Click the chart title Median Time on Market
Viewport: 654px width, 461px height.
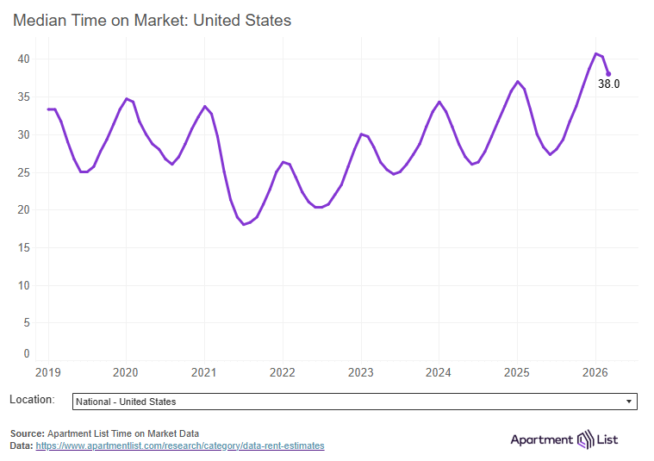[152, 20]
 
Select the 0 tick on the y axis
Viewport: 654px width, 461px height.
[27, 353]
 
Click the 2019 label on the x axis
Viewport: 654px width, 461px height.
[48, 372]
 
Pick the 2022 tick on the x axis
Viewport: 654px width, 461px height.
[283, 372]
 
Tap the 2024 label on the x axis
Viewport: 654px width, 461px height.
[439, 372]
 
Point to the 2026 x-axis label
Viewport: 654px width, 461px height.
[595, 372]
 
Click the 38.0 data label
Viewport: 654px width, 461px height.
[609, 84]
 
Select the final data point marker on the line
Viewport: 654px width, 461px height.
[608, 73]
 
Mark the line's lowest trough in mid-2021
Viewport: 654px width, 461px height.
[244, 224]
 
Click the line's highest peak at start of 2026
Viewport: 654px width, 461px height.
[595, 53]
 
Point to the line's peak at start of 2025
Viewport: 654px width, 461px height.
[517, 81]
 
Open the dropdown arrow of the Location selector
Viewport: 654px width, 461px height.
[628, 402]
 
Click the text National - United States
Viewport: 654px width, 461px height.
[126, 402]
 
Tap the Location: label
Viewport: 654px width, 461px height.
[32, 400]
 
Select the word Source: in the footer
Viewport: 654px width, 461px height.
[28, 433]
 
